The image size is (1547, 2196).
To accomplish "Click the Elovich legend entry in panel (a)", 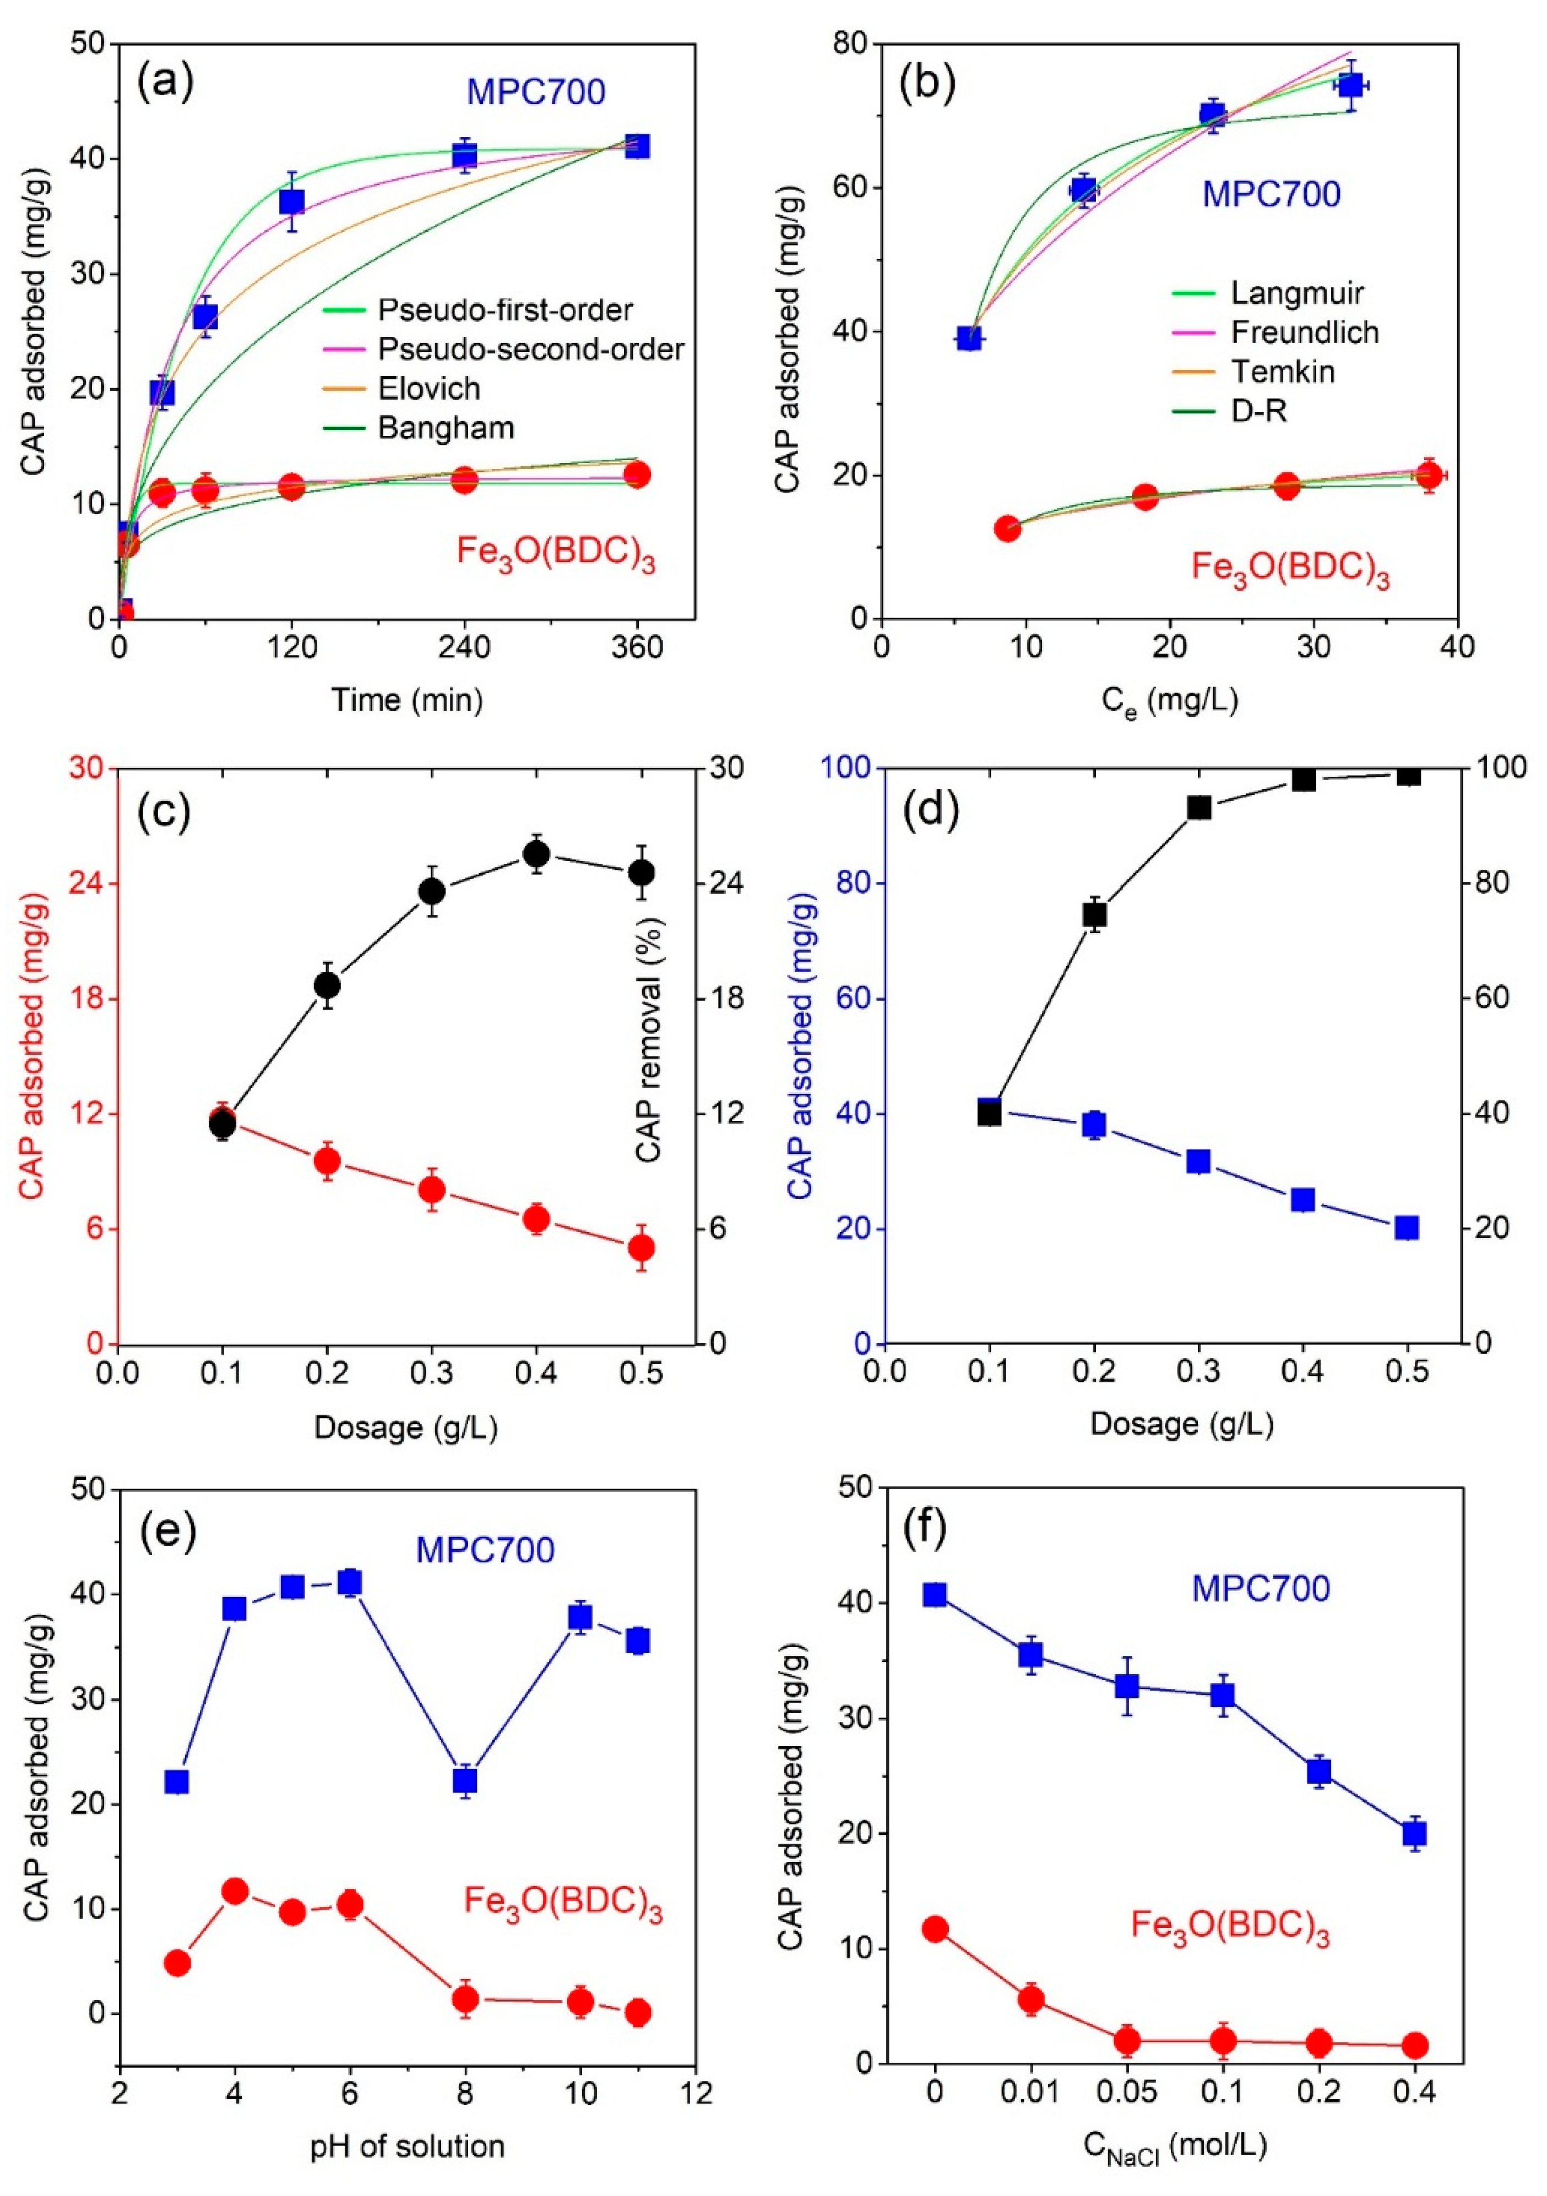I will coord(428,388).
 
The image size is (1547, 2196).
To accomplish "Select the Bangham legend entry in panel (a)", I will coord(446,428).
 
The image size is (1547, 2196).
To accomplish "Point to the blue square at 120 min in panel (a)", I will coord(292,202).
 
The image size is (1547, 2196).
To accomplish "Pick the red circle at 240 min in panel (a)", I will coord(465,480).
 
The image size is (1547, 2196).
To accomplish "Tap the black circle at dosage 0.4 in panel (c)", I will coord(537,853).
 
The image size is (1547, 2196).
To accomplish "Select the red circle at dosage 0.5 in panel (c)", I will coord(642,1247).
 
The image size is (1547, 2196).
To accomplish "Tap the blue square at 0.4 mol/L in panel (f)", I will coord(1414,1833).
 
